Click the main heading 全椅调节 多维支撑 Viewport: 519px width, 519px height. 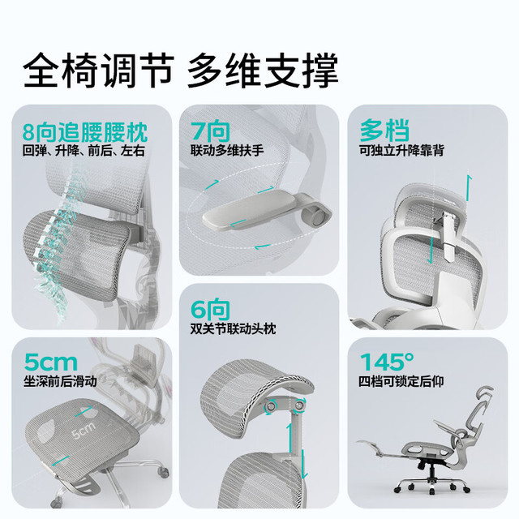pyautogui.click(x=181, y=71)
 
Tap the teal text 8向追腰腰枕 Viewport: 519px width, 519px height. pyautogui.click(x=85, y=132)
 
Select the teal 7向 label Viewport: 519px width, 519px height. pyautogui.click(x=210, y=131)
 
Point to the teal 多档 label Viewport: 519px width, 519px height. pyautogui.click(x=384, y=131)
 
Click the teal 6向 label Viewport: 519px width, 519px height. pyautogui.click(x=210, y=310)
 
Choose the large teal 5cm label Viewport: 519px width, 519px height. pyautogui.click(x=50, y=362)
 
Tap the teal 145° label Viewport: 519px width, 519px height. pyautogui.click(x=387, y=362)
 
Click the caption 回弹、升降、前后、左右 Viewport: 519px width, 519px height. pyautogui.click(x=84, y=151)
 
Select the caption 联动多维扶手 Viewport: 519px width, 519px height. pyautogui.click(x=227, y=151)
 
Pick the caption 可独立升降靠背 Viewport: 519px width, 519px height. pyautogui.click(x=401, y=151)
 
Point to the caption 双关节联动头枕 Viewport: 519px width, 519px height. pyautogui.click(x=233, y=329)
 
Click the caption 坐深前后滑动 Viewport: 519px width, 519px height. pyautogui.click(x=60, y=381)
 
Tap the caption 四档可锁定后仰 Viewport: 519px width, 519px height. pyautogui.click(x=401, y=381)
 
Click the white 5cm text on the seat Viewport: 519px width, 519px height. pyautogui.click(x=84, y=430)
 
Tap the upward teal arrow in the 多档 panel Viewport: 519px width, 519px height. pyautogui.click(x=469, y=188)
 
